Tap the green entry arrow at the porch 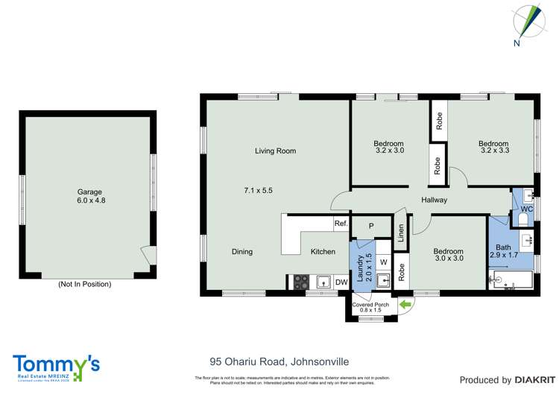pyautogui.click(x=405, y=303)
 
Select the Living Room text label pyautogui.click(x=275, y=151)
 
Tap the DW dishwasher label pyautogui.click(x=341, y=282)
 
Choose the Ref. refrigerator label pyautogui.click(x=341, y=224)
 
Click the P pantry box pyautogui.click(x=371, y=226)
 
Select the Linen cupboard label pyautogui.click(x=400, y=233)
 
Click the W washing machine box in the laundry pyautogui.click(x=382, y=262)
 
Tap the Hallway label pyautogui.click(x=434, y=200)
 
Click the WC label pyautogui.click(x=526, y=209)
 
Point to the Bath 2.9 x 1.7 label pyautogui.click(x=502, y=251)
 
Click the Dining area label pyautogui.click(x=242, y=252)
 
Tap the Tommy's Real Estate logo pyautogui.click(x=56, y=366)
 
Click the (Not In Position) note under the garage pyautogui.click(x=84, y=284)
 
